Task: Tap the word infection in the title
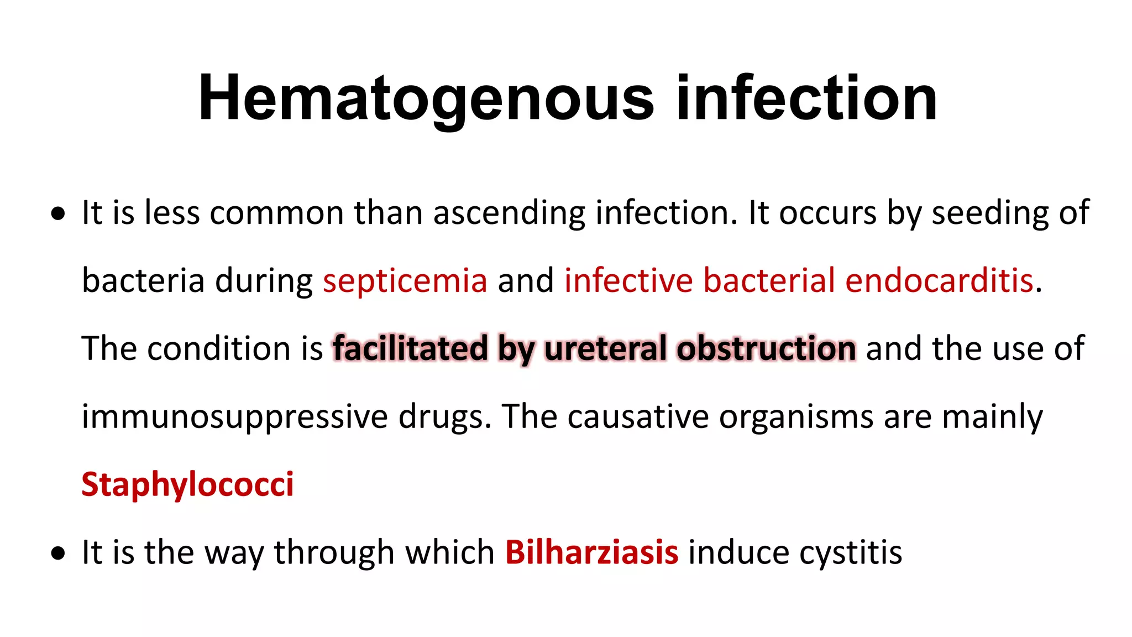806,98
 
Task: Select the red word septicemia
405,281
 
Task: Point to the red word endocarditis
939,281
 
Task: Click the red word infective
628,281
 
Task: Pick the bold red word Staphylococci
187,485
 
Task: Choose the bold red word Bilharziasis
591,552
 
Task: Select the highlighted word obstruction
766,349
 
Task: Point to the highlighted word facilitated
410,349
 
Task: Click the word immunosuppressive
234,417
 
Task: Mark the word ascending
509,213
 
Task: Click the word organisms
796,417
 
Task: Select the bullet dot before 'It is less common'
57,214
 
